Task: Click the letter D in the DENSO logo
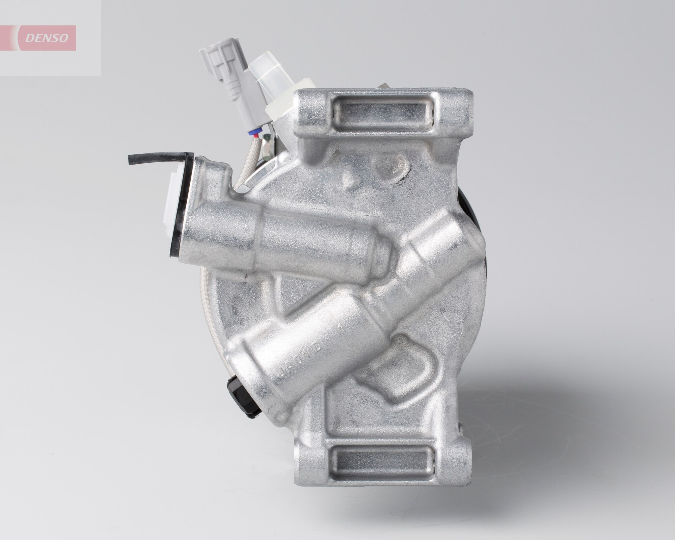tap(31, 38)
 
